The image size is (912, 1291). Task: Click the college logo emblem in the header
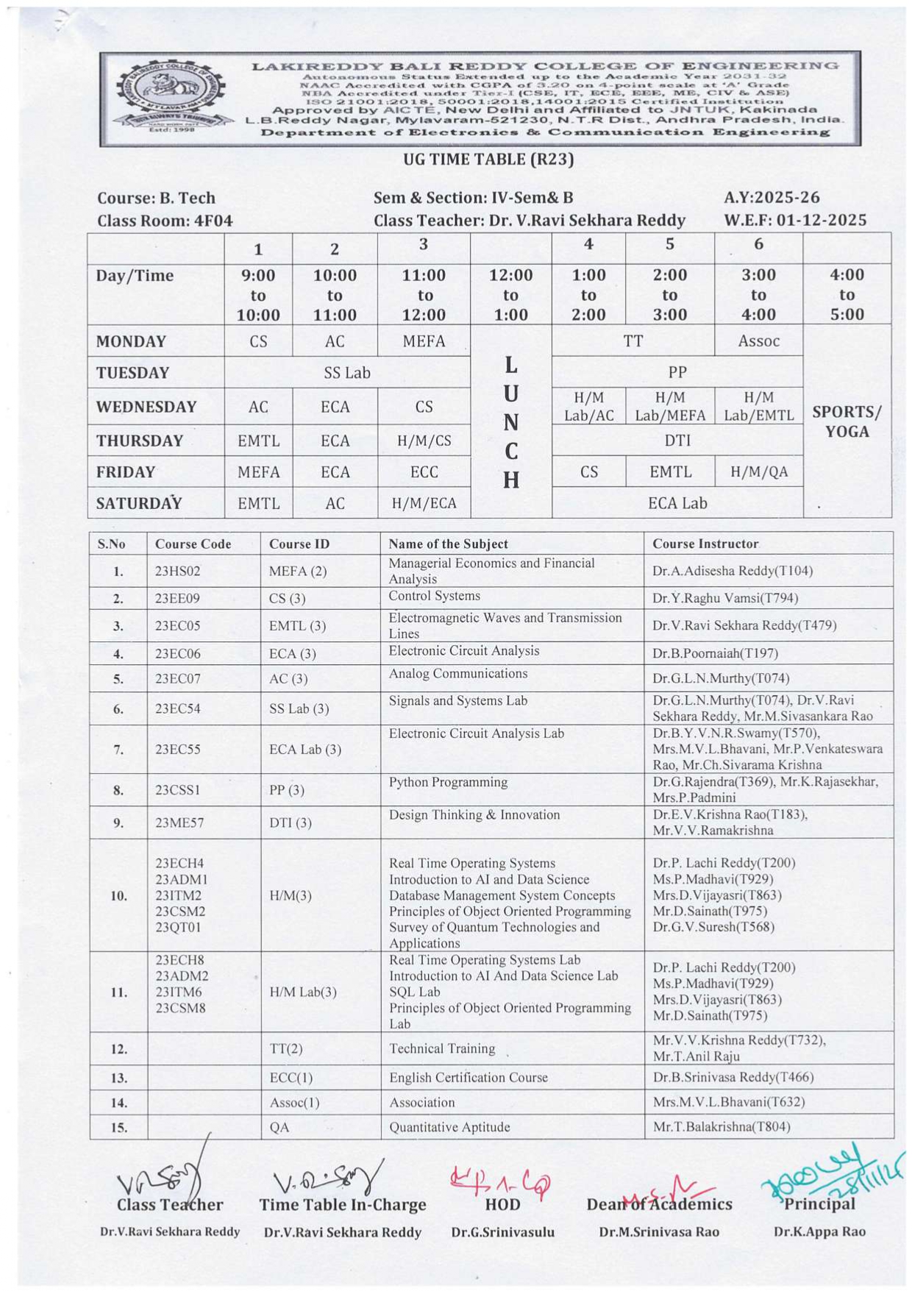(x=171, y=96)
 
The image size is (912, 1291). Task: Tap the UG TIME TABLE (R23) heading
(x=488, y=160)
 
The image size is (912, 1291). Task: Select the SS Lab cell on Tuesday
(x=346, y=373)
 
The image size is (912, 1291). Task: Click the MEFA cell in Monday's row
(x=424, y=341)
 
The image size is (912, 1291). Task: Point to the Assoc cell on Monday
(x=758, y=341)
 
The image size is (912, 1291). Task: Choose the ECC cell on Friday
(x=424, y=472)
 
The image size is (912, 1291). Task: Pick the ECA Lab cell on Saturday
(x=677, y=503)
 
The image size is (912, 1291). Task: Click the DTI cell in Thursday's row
(x=677, y=440)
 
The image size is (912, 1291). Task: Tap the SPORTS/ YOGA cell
(x=847, y=422)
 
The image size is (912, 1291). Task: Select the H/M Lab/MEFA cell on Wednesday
(x=669, y=407)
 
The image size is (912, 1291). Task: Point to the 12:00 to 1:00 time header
(x=510, y=295)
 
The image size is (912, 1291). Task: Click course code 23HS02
(x=177, y=571)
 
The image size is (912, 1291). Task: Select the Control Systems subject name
(x=434, y=596)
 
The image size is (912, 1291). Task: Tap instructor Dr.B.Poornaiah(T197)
(x=715, y=653)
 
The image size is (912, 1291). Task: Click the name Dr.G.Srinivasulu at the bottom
(x=503, y=1232)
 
